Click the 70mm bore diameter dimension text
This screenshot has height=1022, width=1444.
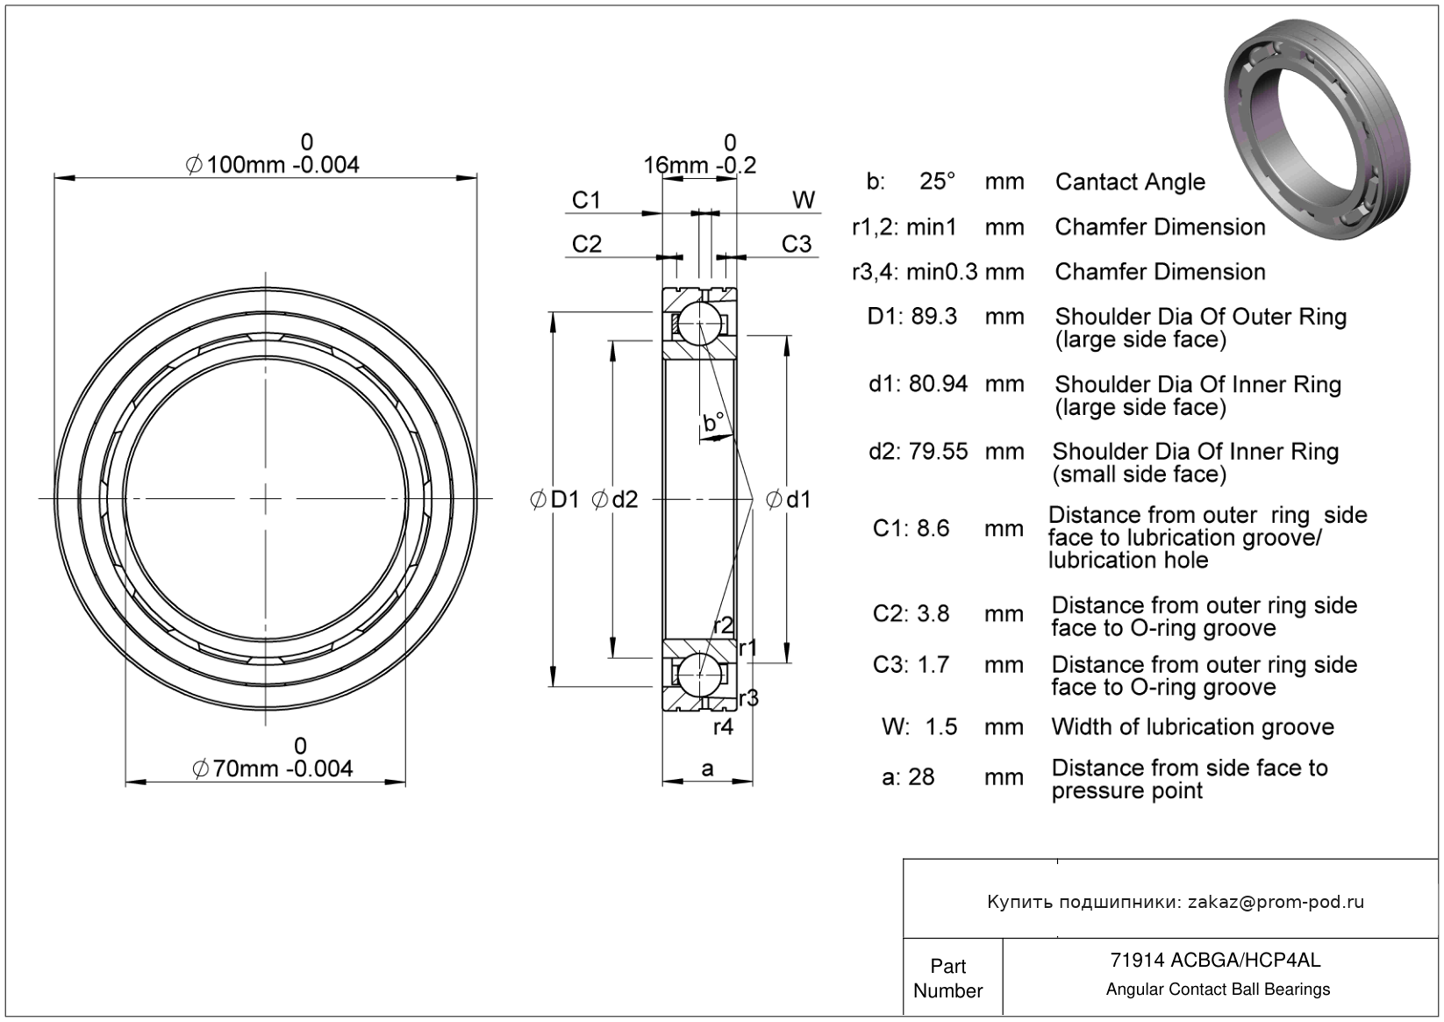pyautogui.click(x=273, y=768)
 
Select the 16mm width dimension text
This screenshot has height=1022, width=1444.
pyautogui.click(x=699, y=165)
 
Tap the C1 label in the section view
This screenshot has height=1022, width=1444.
pyautogui.click(x=586, y=201)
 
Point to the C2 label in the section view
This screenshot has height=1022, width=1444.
pyautogui.click(x=586, y=244)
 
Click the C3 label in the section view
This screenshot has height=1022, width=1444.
pyautogui.click(x=797, y=244)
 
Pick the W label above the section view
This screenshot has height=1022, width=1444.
pyautogui.click(x=804, y=201)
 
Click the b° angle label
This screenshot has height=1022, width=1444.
pyautogui.click(x=713, y=423)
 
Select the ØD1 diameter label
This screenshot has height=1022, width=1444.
pyautogui.click(x=555, y=500)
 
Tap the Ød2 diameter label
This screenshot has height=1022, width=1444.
pyautogui.click(x=615, y=500)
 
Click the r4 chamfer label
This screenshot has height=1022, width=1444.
pyautogui.click(x=723, y=727)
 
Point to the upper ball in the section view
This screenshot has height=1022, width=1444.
pyautogui.click(x=699, y=324)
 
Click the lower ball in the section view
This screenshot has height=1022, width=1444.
pyautogui.click(x=699, y=674)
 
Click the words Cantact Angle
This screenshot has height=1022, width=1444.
pyautogui.click(x=1130, y=182)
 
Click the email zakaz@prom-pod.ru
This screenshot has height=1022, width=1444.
pyautogui.click(x=1276, y=902)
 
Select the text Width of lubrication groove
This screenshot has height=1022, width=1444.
pyautogui.click(x=1192, y=727)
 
